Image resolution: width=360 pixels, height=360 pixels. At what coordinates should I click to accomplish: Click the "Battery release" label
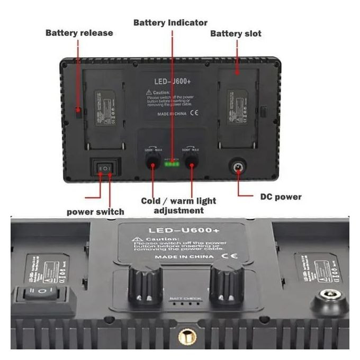pos(79,33)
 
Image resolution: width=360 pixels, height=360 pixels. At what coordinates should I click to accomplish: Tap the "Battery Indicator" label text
pos(170,23)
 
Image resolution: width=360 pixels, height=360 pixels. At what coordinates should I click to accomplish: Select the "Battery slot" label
pos(236,33)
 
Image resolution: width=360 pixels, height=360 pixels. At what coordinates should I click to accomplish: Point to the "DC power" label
pos(281,197)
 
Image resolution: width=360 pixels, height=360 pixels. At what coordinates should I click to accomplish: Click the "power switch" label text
pos(95,212)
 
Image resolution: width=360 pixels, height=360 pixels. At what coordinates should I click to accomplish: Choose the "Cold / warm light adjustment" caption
pos(178,205)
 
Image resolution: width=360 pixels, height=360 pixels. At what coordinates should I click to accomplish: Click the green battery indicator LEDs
pos(172,164)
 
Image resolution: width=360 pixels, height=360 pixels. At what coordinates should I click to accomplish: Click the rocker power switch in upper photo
pos(105,168)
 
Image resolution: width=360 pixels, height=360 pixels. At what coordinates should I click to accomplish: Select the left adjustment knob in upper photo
pos(152,161)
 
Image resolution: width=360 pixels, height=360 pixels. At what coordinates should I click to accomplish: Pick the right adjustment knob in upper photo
pos(191,161)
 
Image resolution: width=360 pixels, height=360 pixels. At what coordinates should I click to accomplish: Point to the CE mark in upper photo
pos(194,113)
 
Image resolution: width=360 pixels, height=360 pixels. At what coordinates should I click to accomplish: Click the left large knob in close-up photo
pos(144,286)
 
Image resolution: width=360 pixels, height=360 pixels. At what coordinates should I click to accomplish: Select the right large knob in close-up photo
pos(227,286)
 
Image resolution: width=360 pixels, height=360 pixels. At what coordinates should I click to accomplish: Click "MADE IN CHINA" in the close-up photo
pos(184,257)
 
